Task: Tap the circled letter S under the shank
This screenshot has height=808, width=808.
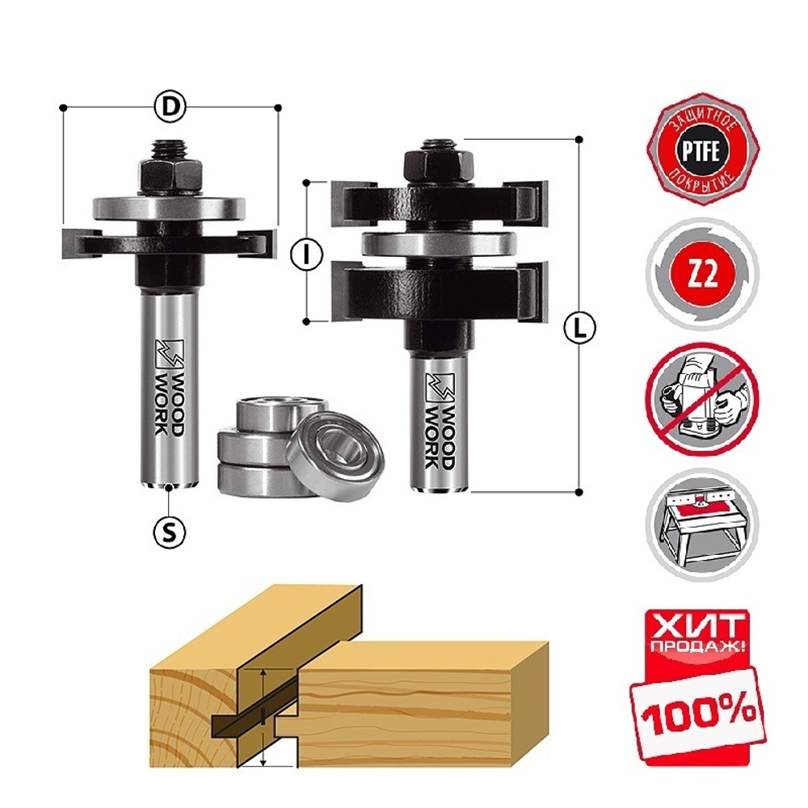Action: tap(169, 531)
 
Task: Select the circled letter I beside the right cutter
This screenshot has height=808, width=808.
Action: tap(305, 253)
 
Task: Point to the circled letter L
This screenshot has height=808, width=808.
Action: tap(579, 328)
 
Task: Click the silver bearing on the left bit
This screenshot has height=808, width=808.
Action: tap(168, 208)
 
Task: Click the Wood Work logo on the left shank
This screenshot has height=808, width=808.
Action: tap(168, 384)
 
